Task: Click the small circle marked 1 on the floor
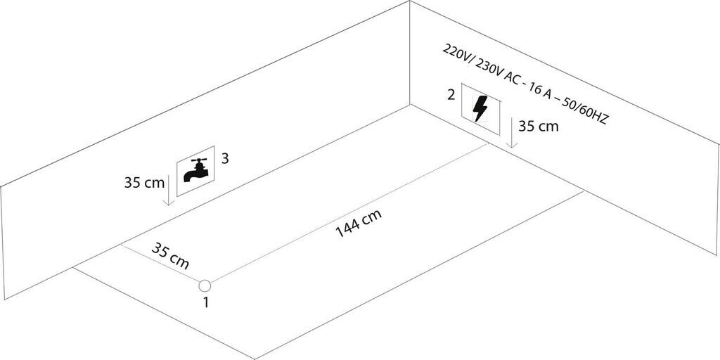205,285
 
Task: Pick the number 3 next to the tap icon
225,158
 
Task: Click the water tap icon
196,169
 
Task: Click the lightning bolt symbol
481,109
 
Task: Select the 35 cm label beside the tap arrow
143,182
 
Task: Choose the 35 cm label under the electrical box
539,127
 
